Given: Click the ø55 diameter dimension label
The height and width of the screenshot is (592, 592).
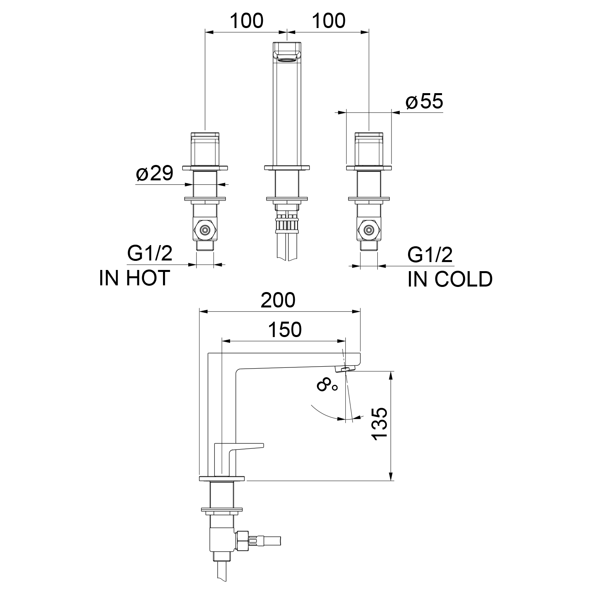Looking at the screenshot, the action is (x=424, y=102).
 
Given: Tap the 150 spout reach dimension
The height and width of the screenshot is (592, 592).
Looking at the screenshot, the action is (x=285, y=330).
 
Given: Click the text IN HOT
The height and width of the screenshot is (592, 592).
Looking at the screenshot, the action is (x=135, y=278).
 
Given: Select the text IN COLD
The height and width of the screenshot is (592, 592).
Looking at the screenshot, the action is (x=450, y=279).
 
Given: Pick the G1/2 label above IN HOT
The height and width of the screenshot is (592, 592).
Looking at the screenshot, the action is (x=150, y=253).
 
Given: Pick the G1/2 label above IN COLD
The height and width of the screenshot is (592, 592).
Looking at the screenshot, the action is (x=430, y=255).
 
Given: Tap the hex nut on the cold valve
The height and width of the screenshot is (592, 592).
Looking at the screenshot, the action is (x=369, y=230).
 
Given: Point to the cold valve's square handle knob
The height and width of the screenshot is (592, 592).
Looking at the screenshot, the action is (x=369, y=149).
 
